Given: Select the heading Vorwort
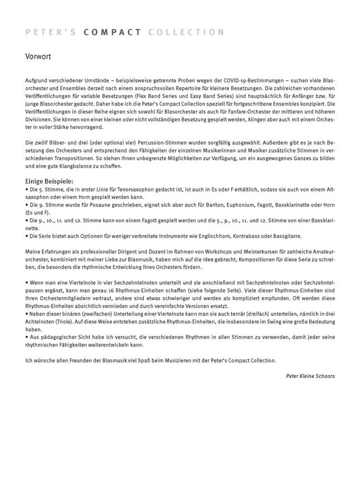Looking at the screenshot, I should click(x=39, y=56).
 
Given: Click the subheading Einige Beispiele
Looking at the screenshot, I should click(x=49, y=181).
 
